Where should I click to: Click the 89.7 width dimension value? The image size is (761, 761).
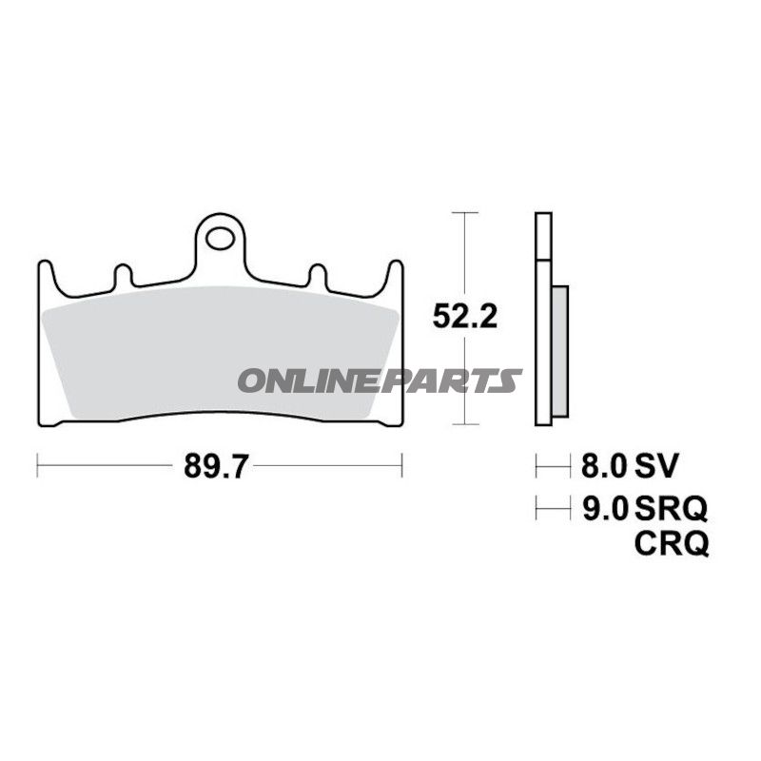216,466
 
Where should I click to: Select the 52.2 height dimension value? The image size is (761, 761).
464,317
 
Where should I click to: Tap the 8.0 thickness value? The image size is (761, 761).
604,466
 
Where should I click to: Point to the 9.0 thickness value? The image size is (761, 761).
605,508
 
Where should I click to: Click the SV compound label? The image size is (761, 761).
655,466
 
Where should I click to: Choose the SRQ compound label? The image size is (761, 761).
671,508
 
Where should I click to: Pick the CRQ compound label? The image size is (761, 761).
672,543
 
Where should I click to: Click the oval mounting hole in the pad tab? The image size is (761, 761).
221,239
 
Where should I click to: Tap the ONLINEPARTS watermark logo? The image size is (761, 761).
380,380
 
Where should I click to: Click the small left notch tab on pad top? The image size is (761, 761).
123,275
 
